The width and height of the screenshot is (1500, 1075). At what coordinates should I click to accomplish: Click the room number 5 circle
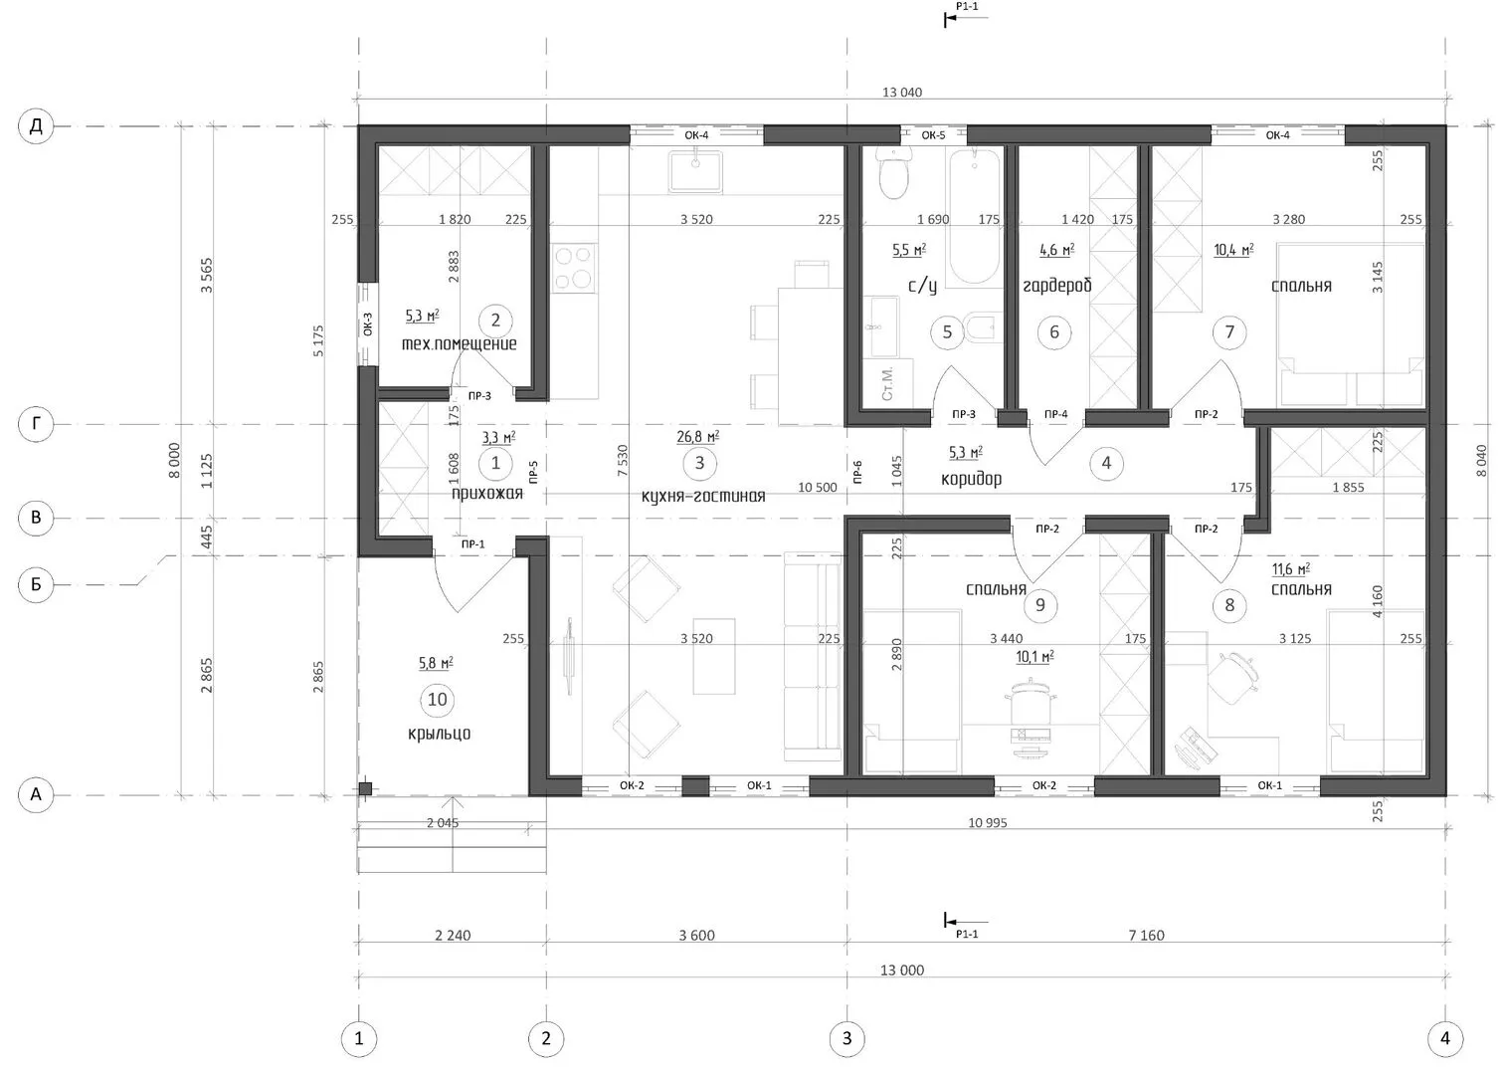point(947,331)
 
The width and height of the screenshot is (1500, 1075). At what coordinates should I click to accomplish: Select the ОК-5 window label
point(933,135)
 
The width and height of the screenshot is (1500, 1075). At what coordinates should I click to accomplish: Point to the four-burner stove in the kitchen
point(574,268)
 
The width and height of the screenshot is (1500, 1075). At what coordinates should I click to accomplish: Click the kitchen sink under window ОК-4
point(695,171)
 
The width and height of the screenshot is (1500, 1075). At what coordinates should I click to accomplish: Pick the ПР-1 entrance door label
point(472,543)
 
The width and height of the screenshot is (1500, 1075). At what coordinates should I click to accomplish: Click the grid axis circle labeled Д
point(36,126)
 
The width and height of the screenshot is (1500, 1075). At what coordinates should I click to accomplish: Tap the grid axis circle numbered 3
point(846,1038)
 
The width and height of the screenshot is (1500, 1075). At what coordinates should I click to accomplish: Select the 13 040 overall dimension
point(902,93)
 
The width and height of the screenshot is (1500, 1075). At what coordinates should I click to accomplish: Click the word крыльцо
point(440,734)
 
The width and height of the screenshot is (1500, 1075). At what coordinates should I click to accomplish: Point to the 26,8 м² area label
point(697,437)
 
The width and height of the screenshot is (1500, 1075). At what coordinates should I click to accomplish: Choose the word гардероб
point(1056,287)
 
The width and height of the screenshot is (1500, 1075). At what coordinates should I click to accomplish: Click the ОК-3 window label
point(368,324)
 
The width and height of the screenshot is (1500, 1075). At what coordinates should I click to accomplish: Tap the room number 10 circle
point(438,700)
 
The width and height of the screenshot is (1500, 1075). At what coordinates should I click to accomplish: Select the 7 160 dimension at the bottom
point(1147,935)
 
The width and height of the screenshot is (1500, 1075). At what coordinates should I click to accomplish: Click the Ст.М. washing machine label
point(887,384)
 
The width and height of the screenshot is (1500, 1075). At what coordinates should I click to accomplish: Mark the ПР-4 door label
point(1056,414)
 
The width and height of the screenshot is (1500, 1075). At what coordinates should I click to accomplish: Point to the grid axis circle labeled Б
point(36,584)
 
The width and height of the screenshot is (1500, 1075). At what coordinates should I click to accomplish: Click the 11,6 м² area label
point(1291,569)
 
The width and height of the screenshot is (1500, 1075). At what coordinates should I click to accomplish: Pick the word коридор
point(971,479)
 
